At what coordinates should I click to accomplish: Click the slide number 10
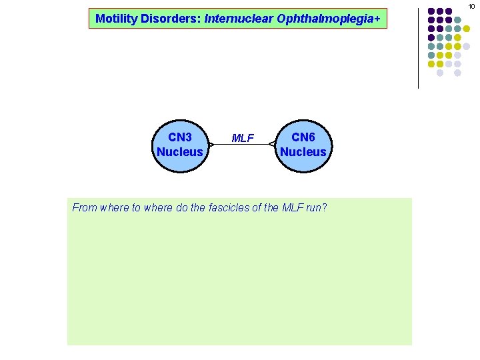tap(471, 6)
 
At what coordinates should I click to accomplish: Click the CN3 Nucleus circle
tap(180, 144)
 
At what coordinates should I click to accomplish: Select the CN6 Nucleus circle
tap(303, 144)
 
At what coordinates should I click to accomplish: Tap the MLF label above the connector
tap(242, 139)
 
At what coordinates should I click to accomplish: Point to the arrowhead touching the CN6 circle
tap(272, 144)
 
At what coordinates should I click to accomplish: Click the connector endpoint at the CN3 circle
tap(209, 144)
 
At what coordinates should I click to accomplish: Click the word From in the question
tap(85, 207)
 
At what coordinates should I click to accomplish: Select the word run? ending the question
tap(316, 207)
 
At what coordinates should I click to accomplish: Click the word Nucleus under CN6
tap(303, 151)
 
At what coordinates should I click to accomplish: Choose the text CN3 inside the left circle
tap(180, 137)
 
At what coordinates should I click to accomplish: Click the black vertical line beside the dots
tap(418, 47)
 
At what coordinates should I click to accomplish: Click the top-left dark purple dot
tap(431, 11)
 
